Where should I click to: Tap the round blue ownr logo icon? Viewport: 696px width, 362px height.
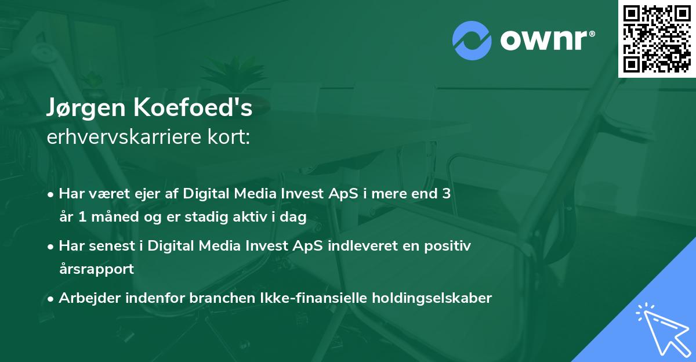click(x=472, y=40)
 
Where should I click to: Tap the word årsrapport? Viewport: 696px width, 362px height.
click(x=96, y=269)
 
